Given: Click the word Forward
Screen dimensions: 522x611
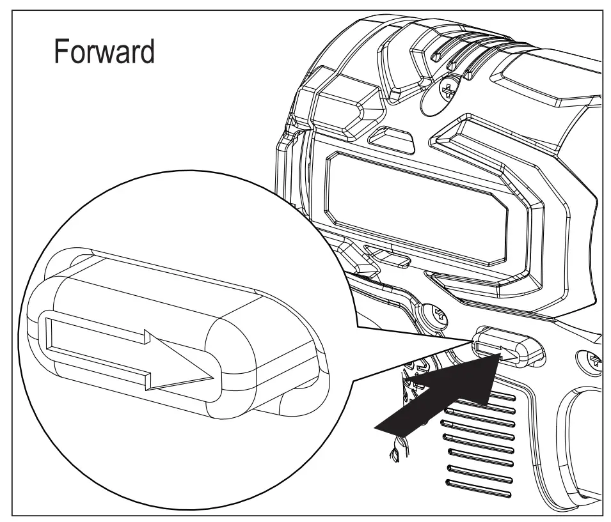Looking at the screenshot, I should (104, 52).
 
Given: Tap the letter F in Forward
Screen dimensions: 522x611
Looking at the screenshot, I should (61, 52).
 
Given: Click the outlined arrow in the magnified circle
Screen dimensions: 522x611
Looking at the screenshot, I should (128, 350).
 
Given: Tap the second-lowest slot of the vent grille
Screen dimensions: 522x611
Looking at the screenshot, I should (479, 480).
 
